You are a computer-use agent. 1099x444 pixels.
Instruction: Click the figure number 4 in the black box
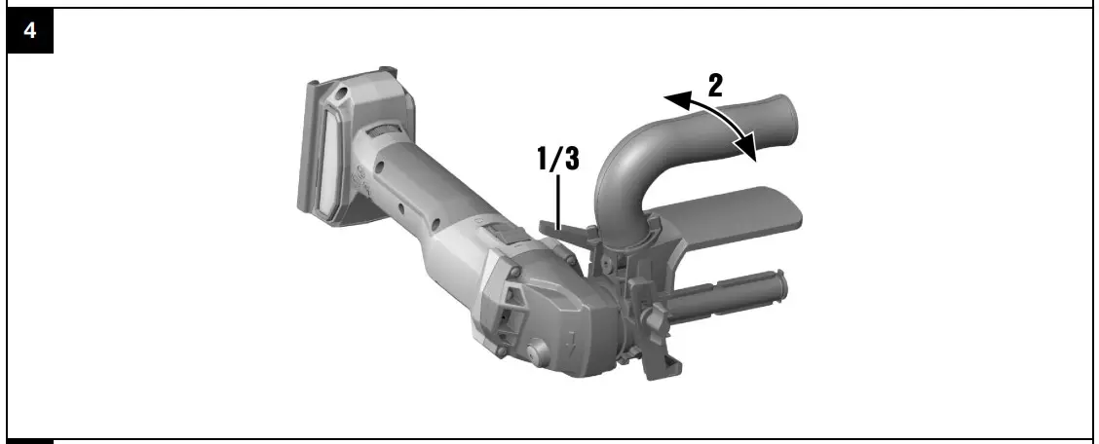30,31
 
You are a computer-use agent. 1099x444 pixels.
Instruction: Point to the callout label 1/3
558,159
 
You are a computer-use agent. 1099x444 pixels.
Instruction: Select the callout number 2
714,86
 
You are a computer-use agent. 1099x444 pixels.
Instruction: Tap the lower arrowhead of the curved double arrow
747,148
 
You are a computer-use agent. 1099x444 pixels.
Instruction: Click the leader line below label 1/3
558,201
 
